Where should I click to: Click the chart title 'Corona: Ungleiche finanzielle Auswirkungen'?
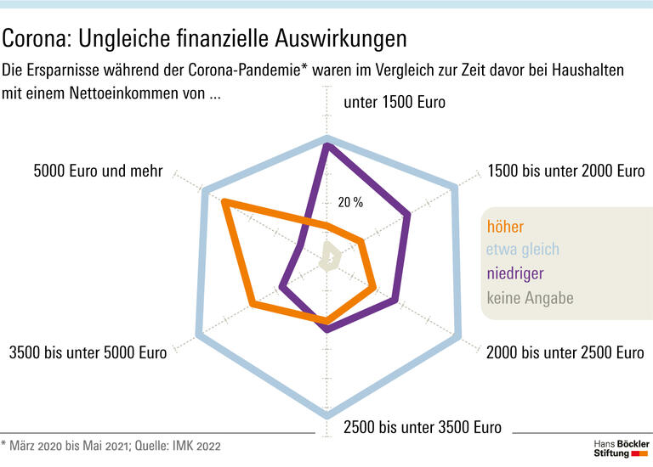(205, 38)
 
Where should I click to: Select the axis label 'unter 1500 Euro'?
(394, 103)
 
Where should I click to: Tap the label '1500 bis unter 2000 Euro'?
(565, 171)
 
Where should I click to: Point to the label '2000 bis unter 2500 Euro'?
(565, 352)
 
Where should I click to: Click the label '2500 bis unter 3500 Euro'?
(422, 427)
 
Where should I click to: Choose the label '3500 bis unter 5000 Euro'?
(87, 352)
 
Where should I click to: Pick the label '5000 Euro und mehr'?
(98, 171)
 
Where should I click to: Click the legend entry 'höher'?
(505, 227)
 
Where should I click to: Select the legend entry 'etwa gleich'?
(522, 250)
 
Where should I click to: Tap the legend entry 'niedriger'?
(514, 273)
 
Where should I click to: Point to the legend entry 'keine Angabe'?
(530, 297)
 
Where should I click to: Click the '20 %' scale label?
(350, 202)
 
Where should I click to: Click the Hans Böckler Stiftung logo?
(621, 449)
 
